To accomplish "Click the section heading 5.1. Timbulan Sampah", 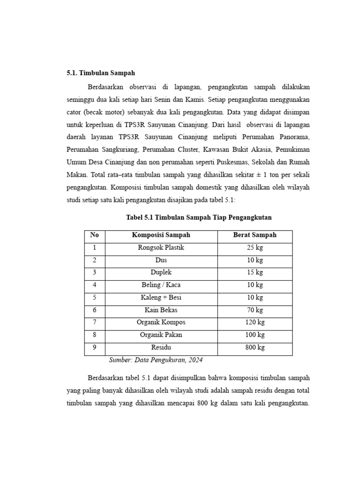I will (x=100, y=73).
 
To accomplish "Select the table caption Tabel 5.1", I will (x=199, y=217).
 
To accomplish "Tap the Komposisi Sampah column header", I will (x=161, y=235).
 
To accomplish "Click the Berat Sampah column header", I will (x=255, y=235).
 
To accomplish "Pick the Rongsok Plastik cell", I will (x=161, y=247).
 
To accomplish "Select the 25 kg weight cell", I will (x=255, y=247).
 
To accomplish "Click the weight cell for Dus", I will (x=255, y=260).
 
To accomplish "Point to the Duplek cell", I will (x=161, y=272).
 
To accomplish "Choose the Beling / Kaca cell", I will (x=161, y=285).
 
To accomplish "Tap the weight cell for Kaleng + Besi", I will (x=255, y=298).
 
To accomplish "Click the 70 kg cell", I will (x=255, y=310).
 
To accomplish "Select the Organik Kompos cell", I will (x=161, y=322).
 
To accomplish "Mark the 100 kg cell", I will (x=255, y=335).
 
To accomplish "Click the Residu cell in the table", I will (x=161, y=348).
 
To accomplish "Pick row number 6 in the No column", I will (x=94, y=310).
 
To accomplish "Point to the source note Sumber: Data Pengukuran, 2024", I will (x=156, y=360).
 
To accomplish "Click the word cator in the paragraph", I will (x=73, y=113).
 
